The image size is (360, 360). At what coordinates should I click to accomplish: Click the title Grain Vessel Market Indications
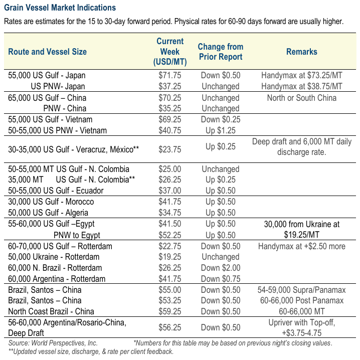point(60,8)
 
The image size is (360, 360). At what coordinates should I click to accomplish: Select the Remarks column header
point(302,52)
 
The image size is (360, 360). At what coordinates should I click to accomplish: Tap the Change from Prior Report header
point(221,52)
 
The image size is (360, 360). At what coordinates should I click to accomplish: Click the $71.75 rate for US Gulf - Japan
point(169,75)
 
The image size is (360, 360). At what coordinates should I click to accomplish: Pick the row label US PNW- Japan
point(58,86)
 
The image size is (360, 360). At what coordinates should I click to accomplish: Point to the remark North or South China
point(302,98)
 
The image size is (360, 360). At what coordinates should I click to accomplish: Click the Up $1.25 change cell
point(221,130)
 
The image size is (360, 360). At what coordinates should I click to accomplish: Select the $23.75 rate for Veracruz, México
point(169,149)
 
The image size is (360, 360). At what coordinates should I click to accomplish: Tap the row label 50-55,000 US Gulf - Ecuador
point(56,191)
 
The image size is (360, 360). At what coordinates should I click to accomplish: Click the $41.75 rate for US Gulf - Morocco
point(169,202)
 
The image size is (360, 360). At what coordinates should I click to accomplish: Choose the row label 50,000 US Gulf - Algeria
point(48,213)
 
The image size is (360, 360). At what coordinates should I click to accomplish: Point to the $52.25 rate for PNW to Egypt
point(169,235)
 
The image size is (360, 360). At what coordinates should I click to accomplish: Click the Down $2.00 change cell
point(221,268)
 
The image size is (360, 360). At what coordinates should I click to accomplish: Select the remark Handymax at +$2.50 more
point(302,246)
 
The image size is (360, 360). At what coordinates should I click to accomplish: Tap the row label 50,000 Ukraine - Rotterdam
point(54,257)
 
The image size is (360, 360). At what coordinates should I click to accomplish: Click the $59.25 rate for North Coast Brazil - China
point(169,311)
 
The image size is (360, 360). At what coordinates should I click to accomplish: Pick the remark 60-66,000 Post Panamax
point(302,300)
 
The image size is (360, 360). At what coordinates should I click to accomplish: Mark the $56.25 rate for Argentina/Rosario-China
point(169,327)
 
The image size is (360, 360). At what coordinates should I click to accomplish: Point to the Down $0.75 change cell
point(221,279)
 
